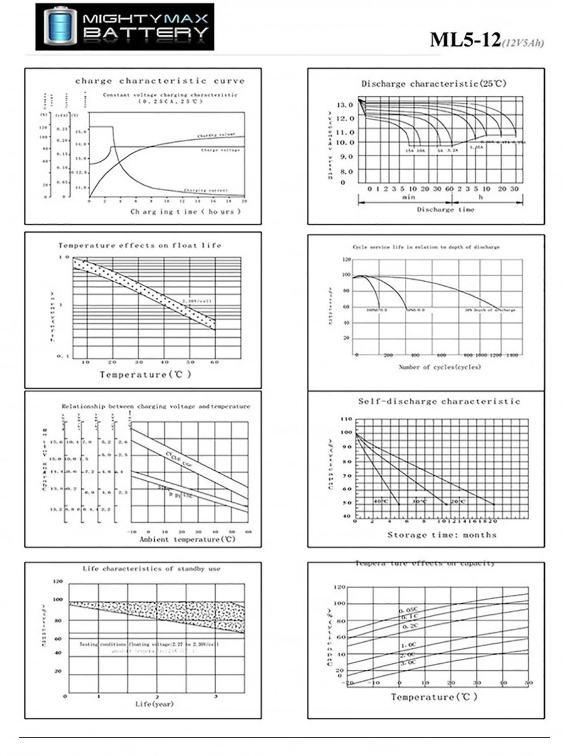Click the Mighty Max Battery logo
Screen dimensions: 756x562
[x=124, y=27]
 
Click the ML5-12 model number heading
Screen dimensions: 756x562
[x=465, y=40]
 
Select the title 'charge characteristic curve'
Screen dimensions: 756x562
[x=159, y=81]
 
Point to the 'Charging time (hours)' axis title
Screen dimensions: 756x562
[x=185, y=212]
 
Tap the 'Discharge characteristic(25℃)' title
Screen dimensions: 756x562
[x=433, y=84]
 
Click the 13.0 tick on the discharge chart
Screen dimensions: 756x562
[x=345, y=105]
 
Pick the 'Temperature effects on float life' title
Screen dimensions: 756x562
[x=140, y=245]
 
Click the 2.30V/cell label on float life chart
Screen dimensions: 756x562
[x=197, y=301]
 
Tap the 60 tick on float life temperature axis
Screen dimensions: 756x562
[x=215, y=362]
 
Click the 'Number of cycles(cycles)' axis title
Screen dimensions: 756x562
[x=440, y=367]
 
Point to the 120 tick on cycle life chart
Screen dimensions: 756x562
[x=346, y=260]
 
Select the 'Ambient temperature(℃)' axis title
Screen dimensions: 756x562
[x=187, y=539]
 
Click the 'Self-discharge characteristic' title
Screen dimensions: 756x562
[x=439, y=402]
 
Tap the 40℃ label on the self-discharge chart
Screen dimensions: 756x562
[x=381, y=501]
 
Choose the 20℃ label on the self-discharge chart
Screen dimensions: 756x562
[x=458, y=501]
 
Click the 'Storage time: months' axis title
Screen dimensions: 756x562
[x=442, y=535]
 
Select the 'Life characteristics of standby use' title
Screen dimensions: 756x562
[x=151, y=569]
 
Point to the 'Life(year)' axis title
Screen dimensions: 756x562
[x=154, y=704]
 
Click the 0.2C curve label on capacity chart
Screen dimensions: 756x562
[x=410, y=626]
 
